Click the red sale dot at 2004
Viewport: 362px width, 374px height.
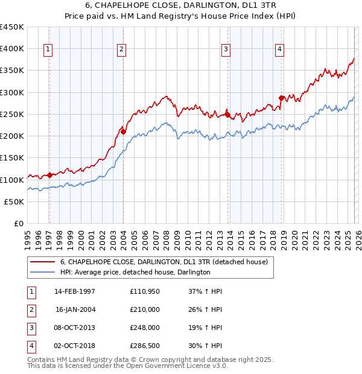123,131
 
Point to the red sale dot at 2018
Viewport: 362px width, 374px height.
281,97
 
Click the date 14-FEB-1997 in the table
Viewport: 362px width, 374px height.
75,291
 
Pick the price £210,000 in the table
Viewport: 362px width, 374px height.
145,309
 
